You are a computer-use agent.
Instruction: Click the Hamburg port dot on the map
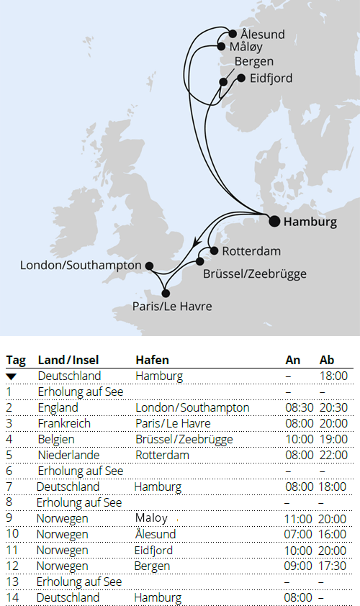[x=274, y=221]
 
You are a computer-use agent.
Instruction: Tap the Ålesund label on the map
[x=262, y=35]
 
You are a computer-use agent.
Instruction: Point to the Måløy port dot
[x=222, y=47]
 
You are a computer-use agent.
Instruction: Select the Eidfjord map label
[x=271, y=78]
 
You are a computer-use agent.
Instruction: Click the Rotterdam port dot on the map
[x=213, y=251]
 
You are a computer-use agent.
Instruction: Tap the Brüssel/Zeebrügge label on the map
[x=255, y=274]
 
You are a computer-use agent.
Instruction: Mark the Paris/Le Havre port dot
[x=166, y=293]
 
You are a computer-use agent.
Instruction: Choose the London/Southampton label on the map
[x=81, y=266]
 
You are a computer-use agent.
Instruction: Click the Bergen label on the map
[x=253, y=61]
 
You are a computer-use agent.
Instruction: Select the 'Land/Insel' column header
[x=68, y=360]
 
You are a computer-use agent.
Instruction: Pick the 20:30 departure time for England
[x=333, y=408]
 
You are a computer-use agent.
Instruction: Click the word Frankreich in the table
[x=64, y=424]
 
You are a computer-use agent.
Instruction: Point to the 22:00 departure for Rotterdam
[x=333, y=456]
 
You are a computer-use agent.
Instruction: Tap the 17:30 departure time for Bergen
[x=333, y=566]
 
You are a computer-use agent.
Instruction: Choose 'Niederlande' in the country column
[x=68, y=456]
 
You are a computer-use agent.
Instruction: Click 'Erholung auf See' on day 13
[x=80, y=582]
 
